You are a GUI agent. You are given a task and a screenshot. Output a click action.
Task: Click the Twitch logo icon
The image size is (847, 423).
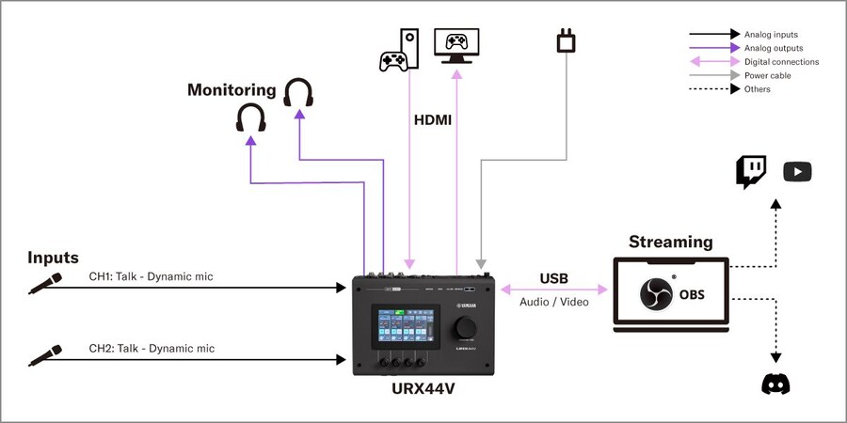click(751, 173)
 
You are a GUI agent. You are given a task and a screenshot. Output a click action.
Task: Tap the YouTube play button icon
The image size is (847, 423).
click(797, 171)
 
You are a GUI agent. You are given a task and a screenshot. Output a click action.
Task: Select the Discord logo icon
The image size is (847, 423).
click(776, 384)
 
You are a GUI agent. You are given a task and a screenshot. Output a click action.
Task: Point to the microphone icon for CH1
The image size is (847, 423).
click(45, 283)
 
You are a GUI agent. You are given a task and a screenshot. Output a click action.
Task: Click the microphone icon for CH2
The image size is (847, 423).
click(45, 355)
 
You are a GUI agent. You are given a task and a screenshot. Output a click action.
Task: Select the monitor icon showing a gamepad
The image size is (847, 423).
click(456, 45)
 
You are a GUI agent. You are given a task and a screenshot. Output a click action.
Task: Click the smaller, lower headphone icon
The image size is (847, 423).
click(250, 118)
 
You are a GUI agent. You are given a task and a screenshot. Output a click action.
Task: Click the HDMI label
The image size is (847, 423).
click(433, 120)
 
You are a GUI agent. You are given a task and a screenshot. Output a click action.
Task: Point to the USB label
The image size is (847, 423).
click(553, 279)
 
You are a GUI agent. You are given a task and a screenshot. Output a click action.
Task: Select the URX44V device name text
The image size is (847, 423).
click(423, 387)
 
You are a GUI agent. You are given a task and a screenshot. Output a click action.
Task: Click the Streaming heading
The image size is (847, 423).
click(670, 243)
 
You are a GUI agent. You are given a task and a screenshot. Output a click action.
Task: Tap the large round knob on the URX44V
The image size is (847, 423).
click(465, 328)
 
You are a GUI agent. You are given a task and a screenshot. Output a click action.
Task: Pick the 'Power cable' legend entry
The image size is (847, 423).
click(768, 75)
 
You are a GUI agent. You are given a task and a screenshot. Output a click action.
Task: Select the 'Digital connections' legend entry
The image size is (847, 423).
click(781, 62)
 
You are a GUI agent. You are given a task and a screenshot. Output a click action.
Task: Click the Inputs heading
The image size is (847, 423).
click(53, 258)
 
